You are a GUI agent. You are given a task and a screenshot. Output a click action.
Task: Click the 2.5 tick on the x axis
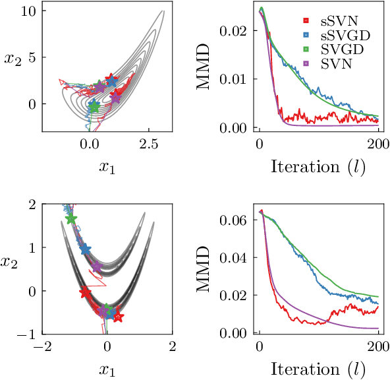[x=148, y=143]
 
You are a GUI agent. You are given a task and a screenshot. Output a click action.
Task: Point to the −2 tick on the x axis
[x=43, y=346]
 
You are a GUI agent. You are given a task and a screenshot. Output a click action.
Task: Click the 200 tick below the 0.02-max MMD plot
[x=378, y=143]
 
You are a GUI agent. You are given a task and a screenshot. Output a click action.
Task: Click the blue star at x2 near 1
[x=84, y=249]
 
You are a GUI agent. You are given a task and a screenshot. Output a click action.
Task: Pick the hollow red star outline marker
[x=117, y=317]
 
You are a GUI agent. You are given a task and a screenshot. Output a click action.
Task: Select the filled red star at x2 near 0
[x=85, y=292]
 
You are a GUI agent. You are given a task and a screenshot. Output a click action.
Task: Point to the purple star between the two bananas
[x=97, y=267]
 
